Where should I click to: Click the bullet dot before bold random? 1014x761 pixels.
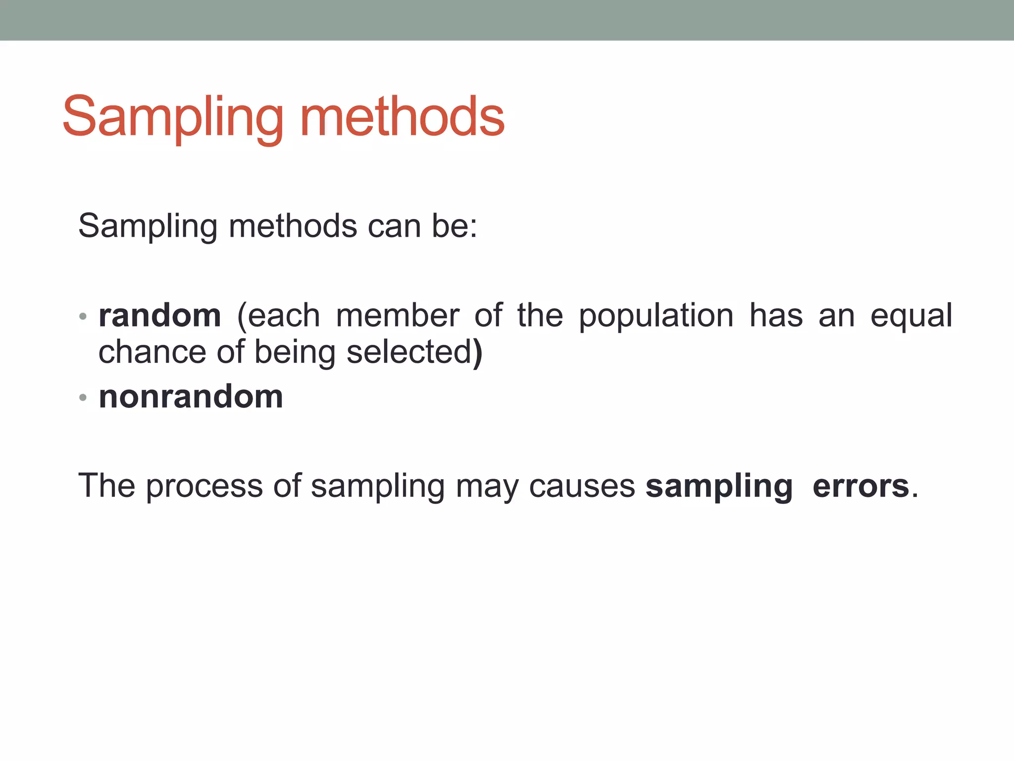pyautogui.click(x=83, y=317)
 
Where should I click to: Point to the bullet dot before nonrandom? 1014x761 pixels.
pyautogui.click(x=83, y=397)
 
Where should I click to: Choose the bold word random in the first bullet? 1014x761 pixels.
pyautogui.click(x=160, y=316)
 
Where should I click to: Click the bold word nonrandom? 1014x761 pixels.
pyautogui.click(x=191, y=397)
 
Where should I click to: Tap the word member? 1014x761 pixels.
pyautogui.click(x=398, y=316)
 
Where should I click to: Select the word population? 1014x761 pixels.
pyautogui.click(x=656, y=316)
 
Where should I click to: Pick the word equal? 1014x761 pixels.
pyautogui.click(x=911, y=316)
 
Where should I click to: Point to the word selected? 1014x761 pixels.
pyautogui.click(x=409, y=352)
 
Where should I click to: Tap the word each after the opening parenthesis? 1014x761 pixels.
pyautogui.click(x=284, y=316)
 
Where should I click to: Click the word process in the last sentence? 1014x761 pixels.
pyautogui.click(x=204, y=486)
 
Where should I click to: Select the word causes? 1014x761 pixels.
pyautogui.click(x=582, y=486)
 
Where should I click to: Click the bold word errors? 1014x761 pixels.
pyautogui.click(x=861, y=486)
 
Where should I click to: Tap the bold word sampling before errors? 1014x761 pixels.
pyautogui.click(x=719, y=486)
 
